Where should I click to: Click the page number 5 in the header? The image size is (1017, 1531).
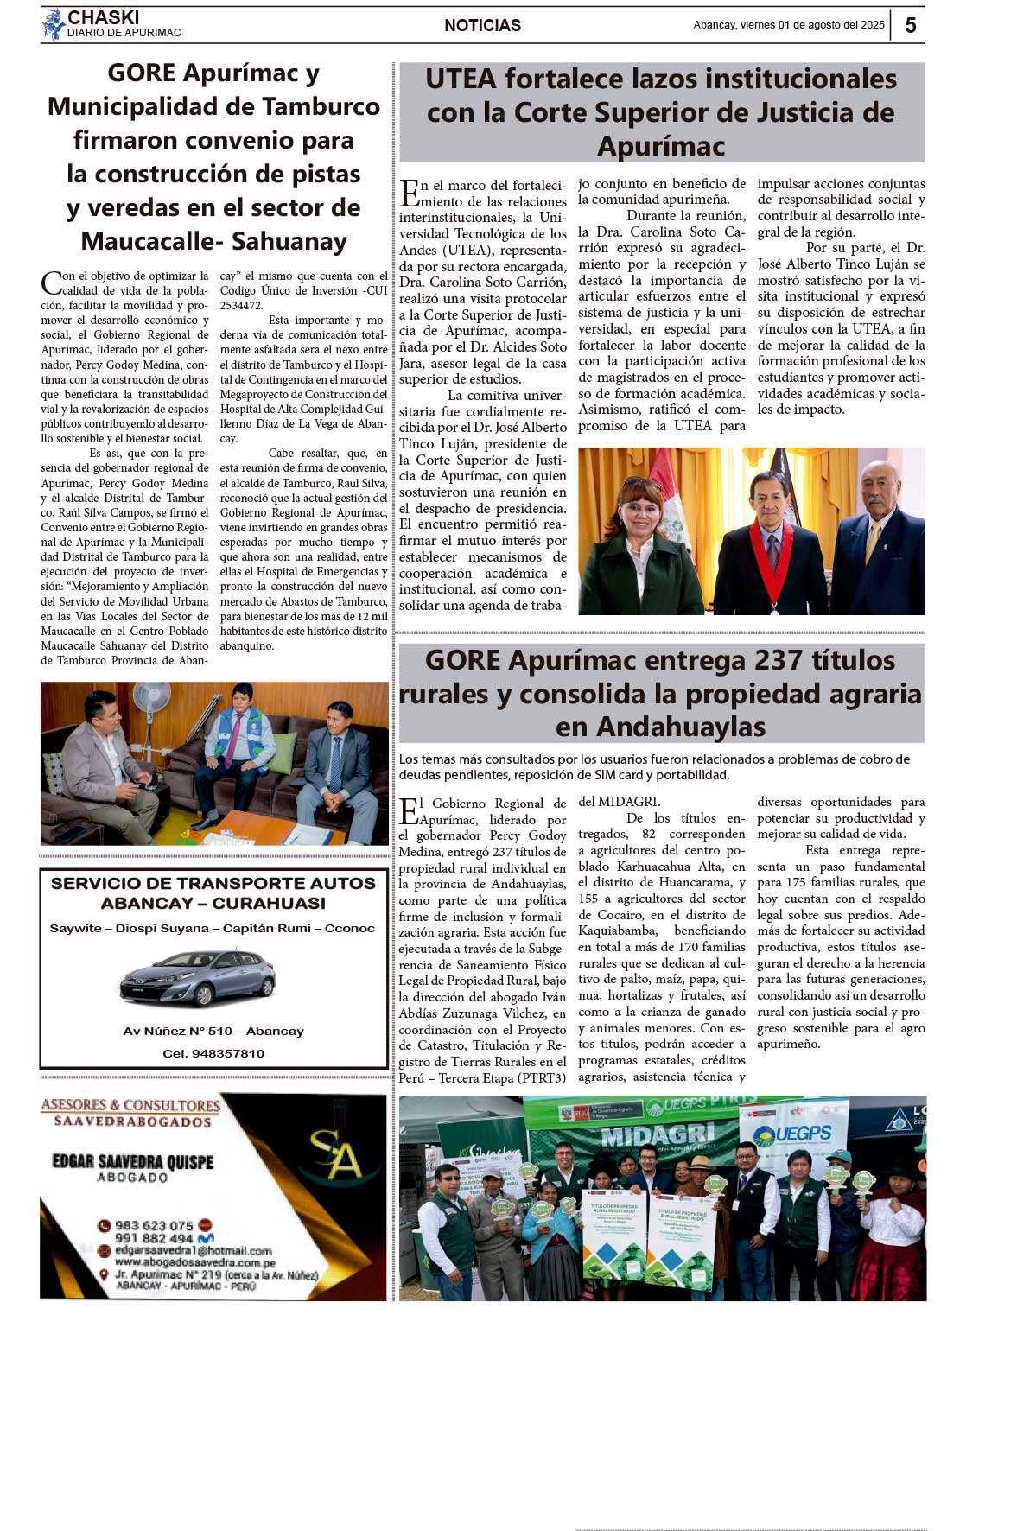[910, 25]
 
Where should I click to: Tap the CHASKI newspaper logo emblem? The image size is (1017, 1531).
[54, 25]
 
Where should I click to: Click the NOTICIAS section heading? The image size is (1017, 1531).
[482, 26]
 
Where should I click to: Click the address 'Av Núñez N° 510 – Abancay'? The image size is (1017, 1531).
[213, 1031]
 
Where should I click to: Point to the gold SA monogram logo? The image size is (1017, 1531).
[335, 1153]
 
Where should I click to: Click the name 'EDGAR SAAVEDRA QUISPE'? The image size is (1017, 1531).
[132, 1161]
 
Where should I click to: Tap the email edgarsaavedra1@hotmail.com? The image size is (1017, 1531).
[193, 1250]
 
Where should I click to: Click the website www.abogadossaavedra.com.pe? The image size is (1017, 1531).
[194, 1262]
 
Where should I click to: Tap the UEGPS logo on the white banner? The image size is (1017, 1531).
[792, 1133]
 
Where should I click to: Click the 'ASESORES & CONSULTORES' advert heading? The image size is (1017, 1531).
[130, 1105]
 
